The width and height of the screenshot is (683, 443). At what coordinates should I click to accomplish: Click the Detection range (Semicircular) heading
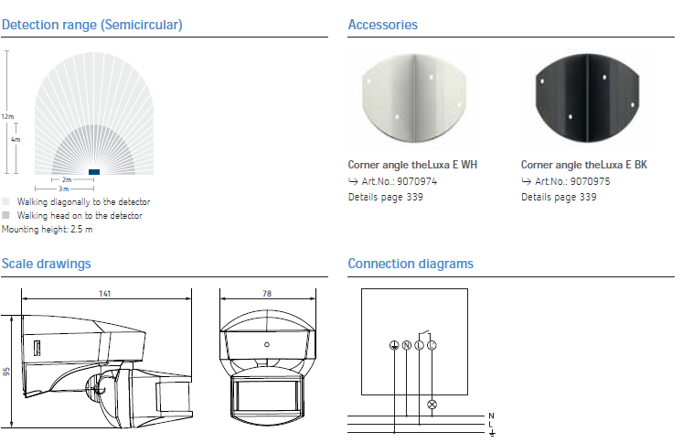point(92,25)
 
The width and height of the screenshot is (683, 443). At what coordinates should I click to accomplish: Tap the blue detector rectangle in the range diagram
point(94,172)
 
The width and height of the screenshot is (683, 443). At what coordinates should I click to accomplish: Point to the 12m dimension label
point(7,116)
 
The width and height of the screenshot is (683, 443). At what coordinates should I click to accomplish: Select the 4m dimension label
point(16,139)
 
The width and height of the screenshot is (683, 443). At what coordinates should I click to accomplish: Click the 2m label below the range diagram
point(67,179)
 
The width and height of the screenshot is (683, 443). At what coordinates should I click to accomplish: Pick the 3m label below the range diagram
point(64,189)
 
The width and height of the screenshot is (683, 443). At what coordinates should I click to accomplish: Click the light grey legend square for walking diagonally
point(5,201)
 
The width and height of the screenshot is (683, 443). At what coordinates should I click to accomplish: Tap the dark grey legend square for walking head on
point(5,215)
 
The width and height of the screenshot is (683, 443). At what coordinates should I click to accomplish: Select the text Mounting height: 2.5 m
point(47,230)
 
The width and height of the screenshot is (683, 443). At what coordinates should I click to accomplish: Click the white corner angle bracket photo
point(414,99)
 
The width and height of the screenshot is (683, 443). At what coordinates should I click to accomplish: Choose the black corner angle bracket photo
point(587,99)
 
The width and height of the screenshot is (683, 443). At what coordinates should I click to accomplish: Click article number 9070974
point(417,181)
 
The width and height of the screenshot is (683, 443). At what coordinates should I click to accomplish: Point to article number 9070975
point(591,181)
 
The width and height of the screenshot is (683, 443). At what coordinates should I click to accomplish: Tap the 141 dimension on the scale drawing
point(105,294)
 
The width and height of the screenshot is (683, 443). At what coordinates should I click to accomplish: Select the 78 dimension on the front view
point(267,294)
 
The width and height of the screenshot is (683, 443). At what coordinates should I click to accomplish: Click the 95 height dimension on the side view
point(6,372)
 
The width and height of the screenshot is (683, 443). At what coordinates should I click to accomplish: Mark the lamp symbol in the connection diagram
point(432,405)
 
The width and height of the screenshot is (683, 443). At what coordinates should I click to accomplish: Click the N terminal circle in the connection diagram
point(406,345)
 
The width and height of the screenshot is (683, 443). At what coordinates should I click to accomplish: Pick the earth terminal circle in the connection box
point(394,345)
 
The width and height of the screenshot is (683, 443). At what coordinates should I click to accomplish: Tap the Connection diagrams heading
point(411,264)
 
